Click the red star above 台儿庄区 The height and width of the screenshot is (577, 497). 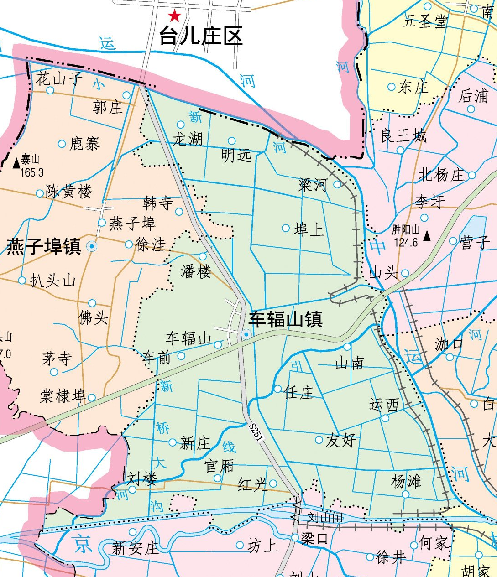[x=174, y=16]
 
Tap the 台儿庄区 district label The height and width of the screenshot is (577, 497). [x=201, y=36]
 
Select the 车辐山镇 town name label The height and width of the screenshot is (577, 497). [x=286, y=319]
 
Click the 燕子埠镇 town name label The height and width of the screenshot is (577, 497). [x=44, y=246]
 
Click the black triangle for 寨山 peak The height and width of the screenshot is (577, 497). [x=16, y=162]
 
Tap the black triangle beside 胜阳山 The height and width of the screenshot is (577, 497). [x=427, y=236]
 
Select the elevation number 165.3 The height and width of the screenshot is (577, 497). [x=32, y=172]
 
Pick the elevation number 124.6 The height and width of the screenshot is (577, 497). [x=406, y=242]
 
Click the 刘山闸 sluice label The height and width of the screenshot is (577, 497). [x=324, y=517]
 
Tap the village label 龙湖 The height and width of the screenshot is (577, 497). [x=187, y=139]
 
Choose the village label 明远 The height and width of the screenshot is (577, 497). [x=236, y=156]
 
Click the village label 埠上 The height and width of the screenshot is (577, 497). [x=309, y=229]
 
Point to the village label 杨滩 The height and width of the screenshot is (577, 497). [x=406, y=481]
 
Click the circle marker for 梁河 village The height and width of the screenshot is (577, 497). [x=337, y=184]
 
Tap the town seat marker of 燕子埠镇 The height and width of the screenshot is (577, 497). [x=92, y=246]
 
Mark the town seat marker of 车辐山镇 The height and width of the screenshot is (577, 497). [x=246, y=335]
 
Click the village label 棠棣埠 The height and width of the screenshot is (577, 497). [x=63, y=395]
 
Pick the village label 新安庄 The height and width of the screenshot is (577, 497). [x=135, y=547]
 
